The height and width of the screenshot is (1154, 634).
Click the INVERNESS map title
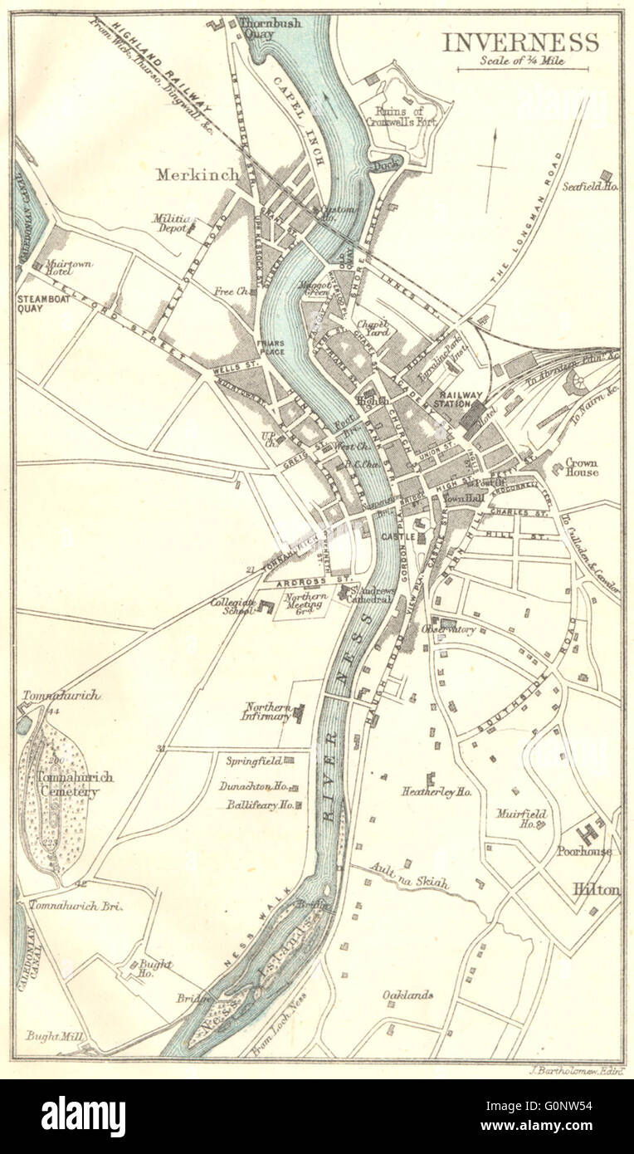pos(519,42)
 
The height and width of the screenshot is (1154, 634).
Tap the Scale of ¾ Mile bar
pos(522,69)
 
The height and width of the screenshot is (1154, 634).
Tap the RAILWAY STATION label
pos(455,399)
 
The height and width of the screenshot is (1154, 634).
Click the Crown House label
pos(582,467)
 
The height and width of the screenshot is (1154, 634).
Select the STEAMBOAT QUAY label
pos(42,305)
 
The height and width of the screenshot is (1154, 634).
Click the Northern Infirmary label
pos(267,711)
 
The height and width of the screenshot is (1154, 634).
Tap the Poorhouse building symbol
pos(591,830)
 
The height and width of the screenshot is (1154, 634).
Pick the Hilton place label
pos(596,889)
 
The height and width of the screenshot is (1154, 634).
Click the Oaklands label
pos(407,995)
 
